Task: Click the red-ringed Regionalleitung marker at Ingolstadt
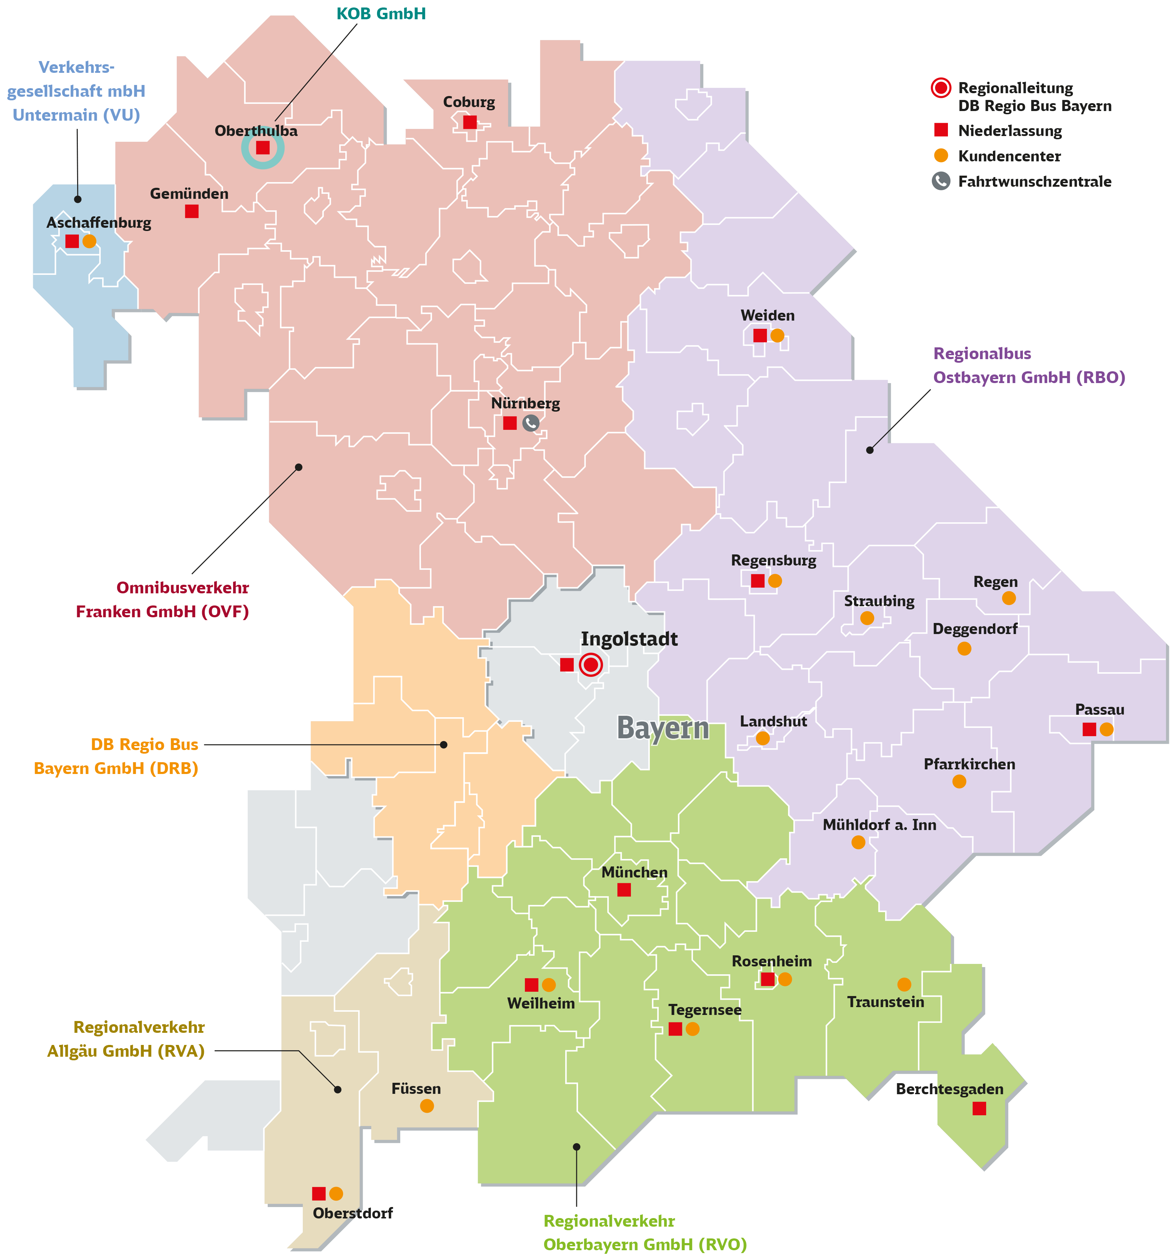tap(591, 664)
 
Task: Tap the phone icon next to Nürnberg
tap(531, 423)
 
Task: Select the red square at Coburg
tap(469, 122)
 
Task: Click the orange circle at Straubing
tap(867, 618)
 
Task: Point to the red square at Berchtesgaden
tap(979, 1108)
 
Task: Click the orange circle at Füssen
tap(427, 1106)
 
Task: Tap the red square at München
tap(624, 890)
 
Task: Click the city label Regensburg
tap(773, 560)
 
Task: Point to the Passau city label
tap(1099, 709)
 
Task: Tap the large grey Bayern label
tap(662, 728)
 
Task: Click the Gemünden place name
tap(189, 193)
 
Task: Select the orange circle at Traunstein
tap(904, 985)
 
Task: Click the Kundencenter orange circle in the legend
tap(941, 156)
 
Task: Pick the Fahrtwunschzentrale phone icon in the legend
tap(941, 181)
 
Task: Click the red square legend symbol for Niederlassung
tap(941, 130)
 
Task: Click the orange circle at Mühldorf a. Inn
tap(858, 842)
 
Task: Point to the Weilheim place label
tap(541, 1004)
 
